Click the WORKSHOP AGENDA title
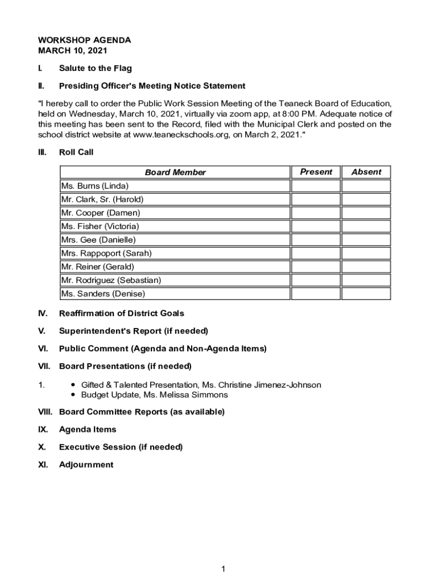[x=84, y=40]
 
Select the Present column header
[x=316, y=172]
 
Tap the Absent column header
[x=366, y=172]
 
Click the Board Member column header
[x=175, y=172]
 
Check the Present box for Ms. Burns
[x=316, y=186]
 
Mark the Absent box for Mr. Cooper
[x=366, y=213]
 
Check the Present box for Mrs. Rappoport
[x=316, y=253]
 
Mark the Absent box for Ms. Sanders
[x=366, y=294]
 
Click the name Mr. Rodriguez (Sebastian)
[x=111, y=280]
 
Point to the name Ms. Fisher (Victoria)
[x=100, y=226]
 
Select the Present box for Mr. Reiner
[x=316, y=267]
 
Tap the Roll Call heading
[x=76, y=152]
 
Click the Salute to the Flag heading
[x=95, y=68]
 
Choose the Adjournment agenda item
[x=86, y=464]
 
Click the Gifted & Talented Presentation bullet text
[x=201, y=385]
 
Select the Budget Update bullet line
[x=154, y=394]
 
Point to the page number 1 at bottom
[x=224, y=569]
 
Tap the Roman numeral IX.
[x=43, y=429]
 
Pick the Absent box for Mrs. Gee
[x=366, y=240]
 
